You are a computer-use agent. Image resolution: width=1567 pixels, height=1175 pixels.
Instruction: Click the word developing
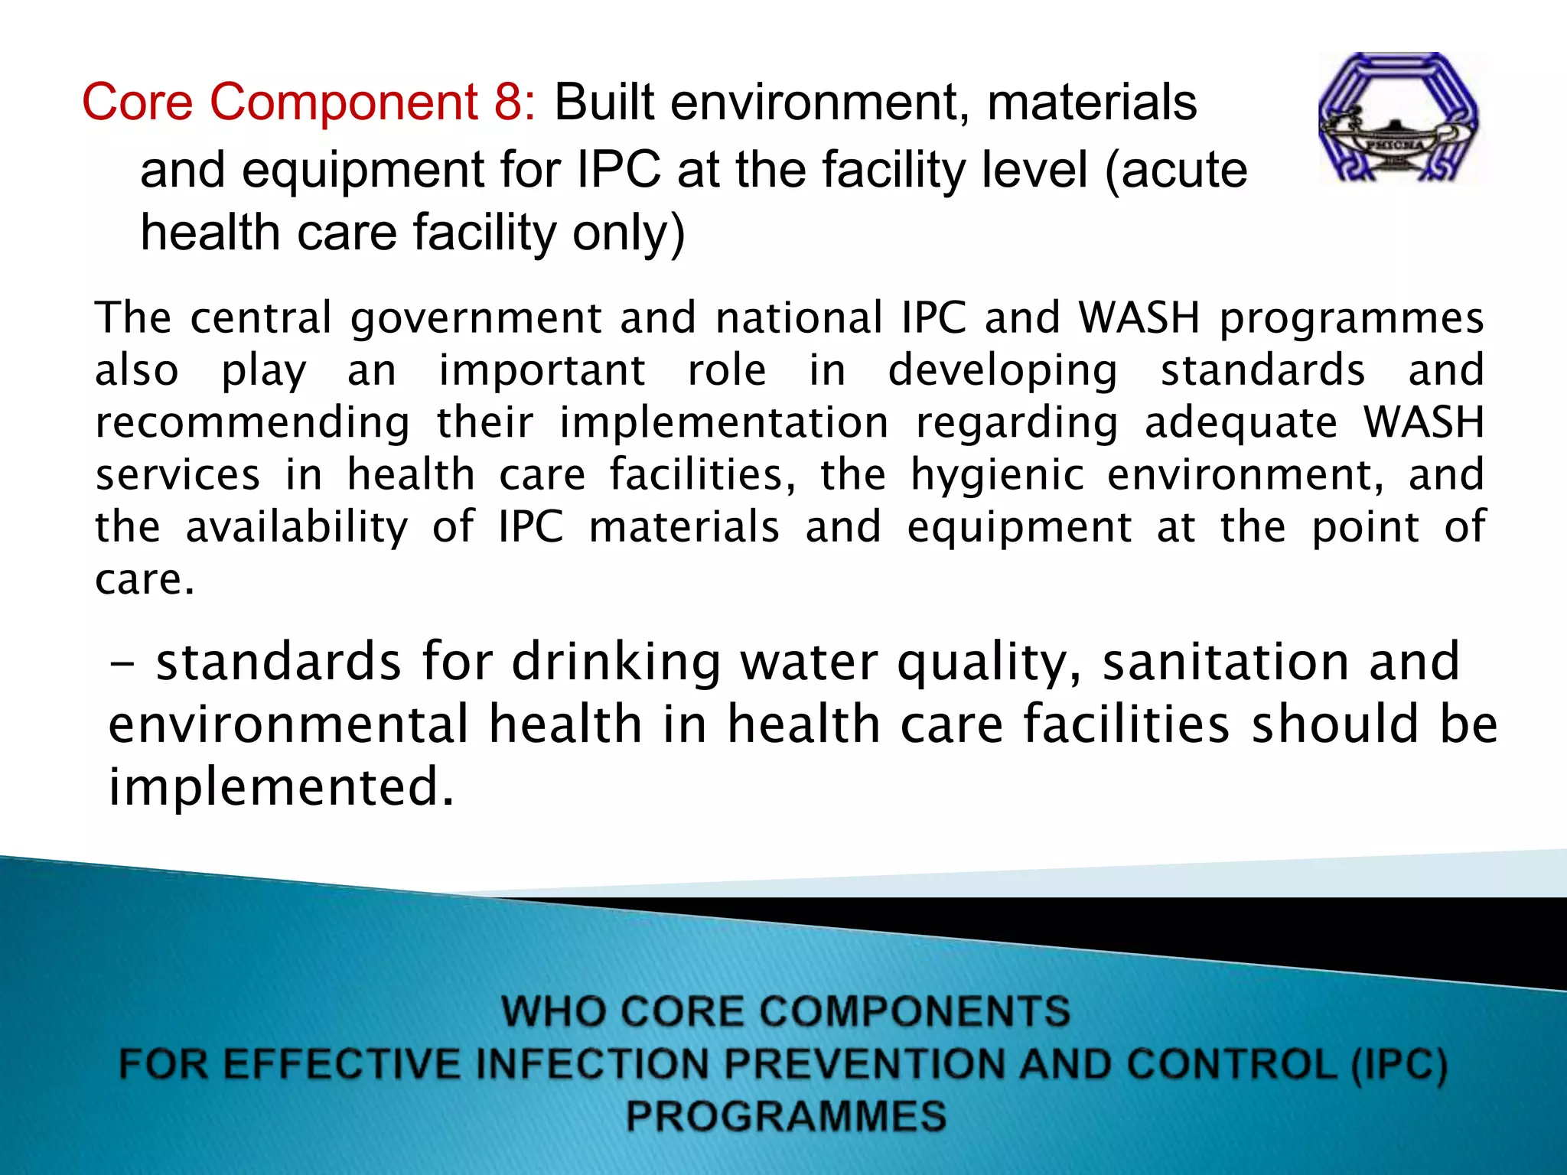tap(1002, 371)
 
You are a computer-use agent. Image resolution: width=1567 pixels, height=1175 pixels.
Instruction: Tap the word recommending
tap(252, 423)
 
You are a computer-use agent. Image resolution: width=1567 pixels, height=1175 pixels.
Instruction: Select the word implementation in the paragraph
tap(725, 423)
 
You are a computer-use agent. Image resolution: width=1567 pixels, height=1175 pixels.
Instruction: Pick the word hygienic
tap(997, 476)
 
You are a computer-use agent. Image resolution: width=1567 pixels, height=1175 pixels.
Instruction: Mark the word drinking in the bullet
tap(616, 662)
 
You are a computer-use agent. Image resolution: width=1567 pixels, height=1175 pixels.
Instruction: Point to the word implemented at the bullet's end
tap(281, 787)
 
